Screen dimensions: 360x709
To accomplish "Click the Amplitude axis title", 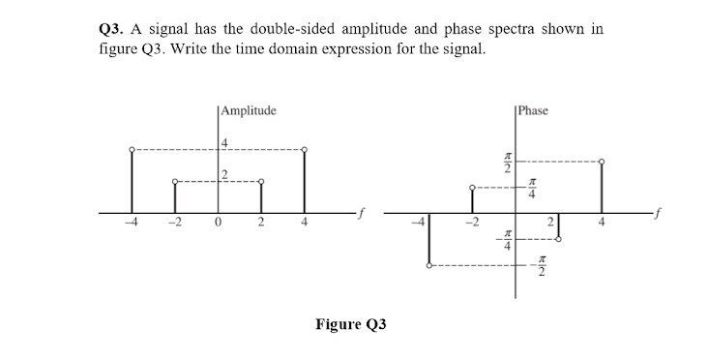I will [x=249, y=111].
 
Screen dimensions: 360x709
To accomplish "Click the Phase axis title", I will [x=534, y=111].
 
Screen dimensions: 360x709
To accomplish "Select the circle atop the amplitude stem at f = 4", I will [x=306, y=149].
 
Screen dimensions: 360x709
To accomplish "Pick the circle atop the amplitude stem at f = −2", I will [x=175, y=181].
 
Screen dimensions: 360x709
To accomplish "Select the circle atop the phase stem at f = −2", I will [x=472, y=187].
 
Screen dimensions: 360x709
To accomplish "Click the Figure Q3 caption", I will [x=350, y=323].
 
